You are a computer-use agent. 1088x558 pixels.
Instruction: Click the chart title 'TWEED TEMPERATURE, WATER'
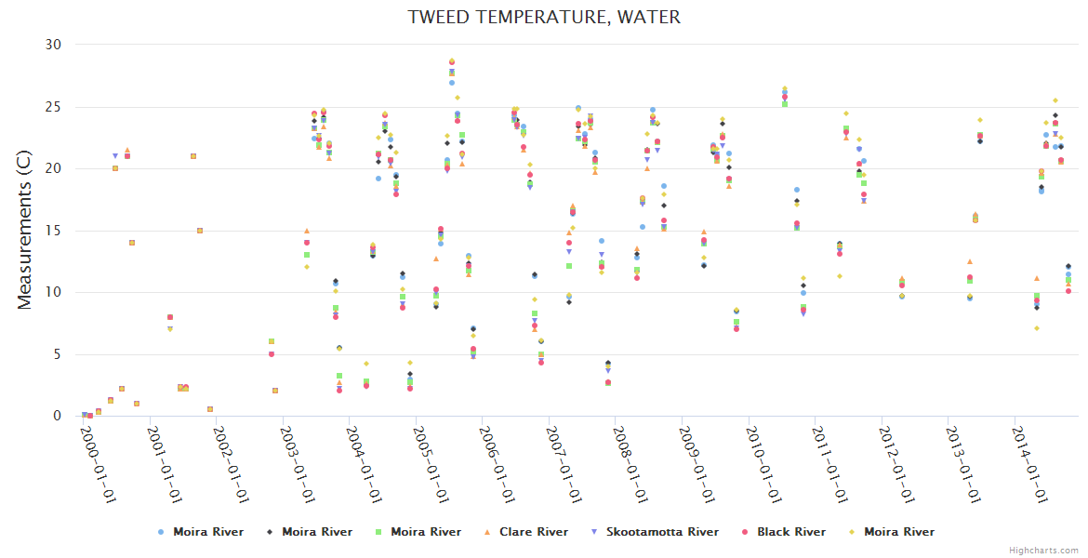(544, 18)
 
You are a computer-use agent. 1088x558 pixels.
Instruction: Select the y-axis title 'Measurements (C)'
(25, 231)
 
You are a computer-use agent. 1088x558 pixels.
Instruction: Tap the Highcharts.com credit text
(1043, 551)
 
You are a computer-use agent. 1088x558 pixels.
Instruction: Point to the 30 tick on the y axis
(53, 45)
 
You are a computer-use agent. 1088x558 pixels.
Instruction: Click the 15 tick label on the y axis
(53, 231)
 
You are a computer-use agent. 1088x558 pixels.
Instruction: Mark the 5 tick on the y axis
(57, 354)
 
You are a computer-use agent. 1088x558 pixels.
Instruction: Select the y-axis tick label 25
(53, 107)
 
